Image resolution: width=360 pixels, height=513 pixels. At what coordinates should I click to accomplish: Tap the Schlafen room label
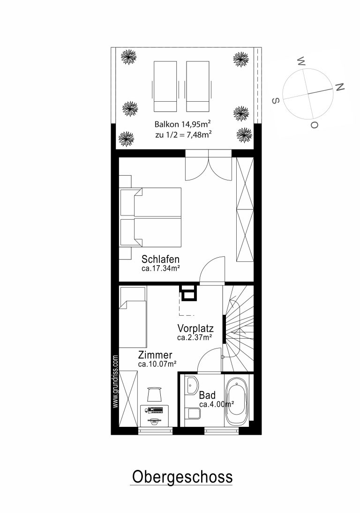point(160,259)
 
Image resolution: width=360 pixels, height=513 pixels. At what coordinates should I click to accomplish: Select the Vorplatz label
point(195,328)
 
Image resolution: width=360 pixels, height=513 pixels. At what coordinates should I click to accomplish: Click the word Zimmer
point(155,355)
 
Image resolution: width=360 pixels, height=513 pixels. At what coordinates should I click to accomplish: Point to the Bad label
point(207,395)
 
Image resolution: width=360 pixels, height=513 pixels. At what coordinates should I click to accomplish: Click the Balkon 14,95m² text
point(182,124)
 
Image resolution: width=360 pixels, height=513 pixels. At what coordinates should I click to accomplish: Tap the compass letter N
point(339,87)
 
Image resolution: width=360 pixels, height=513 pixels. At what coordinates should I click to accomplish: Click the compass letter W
point(301,61)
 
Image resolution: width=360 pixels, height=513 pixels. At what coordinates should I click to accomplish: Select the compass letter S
point(276,100)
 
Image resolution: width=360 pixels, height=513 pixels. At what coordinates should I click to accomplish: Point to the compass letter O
point(314,125)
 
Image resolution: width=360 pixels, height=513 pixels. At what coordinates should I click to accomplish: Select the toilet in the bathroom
point(194,414)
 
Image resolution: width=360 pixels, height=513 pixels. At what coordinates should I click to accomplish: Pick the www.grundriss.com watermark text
point(115,381)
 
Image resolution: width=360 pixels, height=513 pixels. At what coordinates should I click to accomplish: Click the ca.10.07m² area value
point(157,364)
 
